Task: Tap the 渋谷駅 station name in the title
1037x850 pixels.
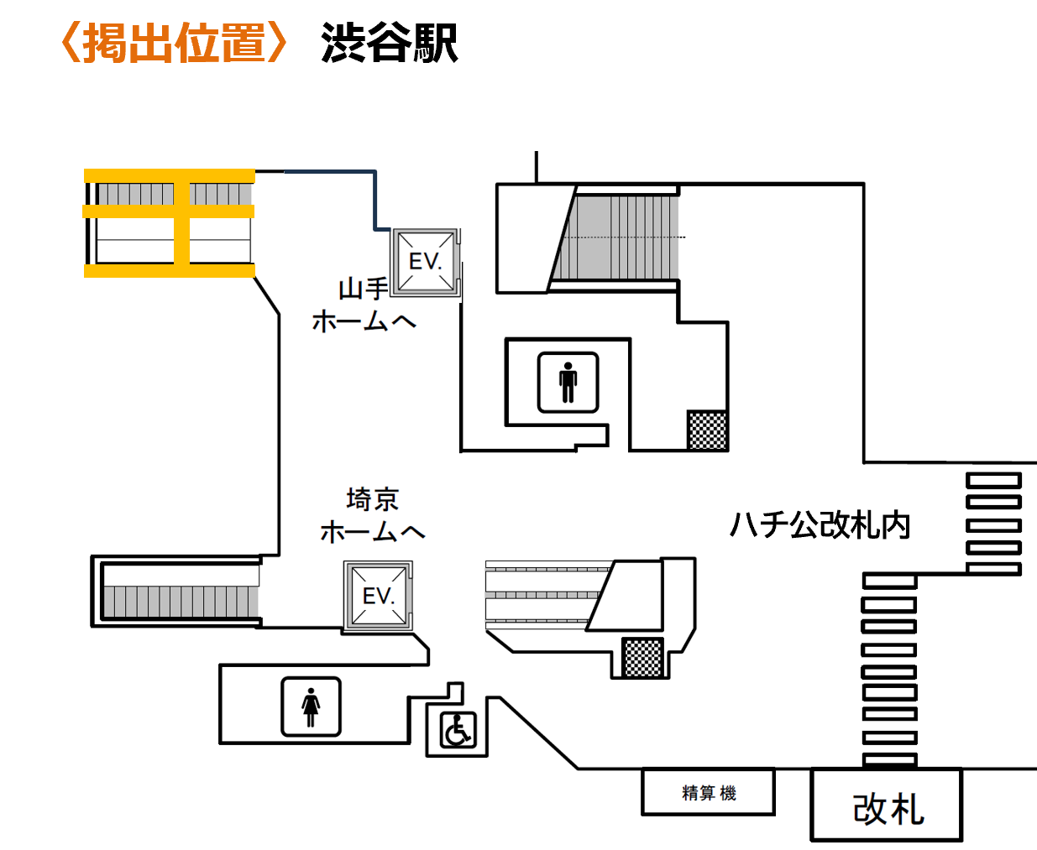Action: [389, 43]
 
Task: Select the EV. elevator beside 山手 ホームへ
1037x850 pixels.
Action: [426, 262]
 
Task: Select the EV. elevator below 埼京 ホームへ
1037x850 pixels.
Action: [379, 596]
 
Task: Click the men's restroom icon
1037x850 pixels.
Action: [568, 383]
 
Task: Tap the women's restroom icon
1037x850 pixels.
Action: [311, 707]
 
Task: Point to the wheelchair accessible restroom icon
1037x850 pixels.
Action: [458, 729]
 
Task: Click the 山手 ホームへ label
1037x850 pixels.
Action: [364, 305]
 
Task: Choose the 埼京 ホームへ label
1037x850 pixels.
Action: [372, 515]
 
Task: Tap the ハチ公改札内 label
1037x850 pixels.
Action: [820, 525]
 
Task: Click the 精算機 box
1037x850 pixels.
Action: [709, 793]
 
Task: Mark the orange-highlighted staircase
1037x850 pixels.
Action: [170, 223]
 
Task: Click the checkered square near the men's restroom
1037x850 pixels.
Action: [707, 430]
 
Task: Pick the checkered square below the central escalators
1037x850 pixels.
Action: [643, 657]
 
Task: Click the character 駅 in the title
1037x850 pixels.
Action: [437, 43]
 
